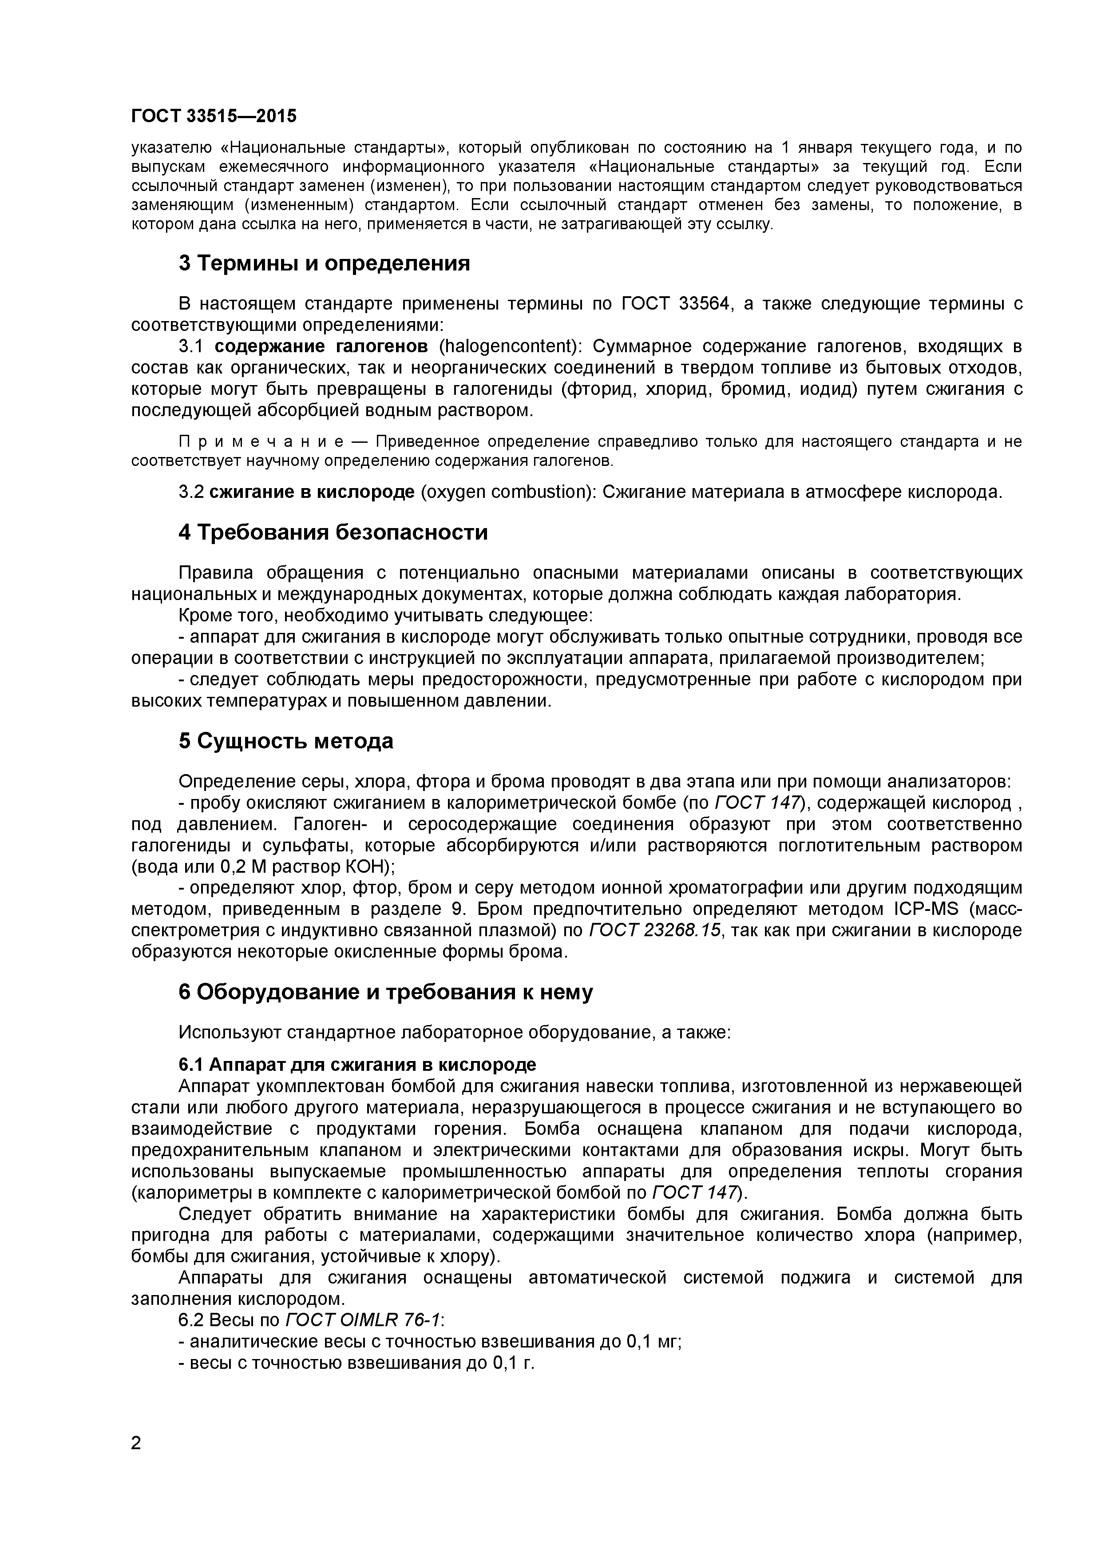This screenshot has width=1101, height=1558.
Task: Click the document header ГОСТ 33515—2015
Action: coord(214,116)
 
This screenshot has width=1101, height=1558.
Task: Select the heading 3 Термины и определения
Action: coord(324,263)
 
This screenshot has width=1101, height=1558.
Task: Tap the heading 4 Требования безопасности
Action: coord(333,533)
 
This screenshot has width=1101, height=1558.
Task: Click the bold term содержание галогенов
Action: coord(321,347)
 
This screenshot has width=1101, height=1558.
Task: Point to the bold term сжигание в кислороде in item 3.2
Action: coord(311,492)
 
